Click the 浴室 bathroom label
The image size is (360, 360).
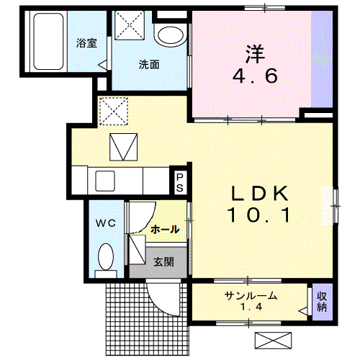[x=86, y=42]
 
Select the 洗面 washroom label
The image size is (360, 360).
[x=149, y=64]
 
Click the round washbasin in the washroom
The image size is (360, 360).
[x=171, y=34]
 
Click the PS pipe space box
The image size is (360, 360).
[x=179, y=179]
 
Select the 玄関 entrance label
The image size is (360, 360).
[x=163, y=262]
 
